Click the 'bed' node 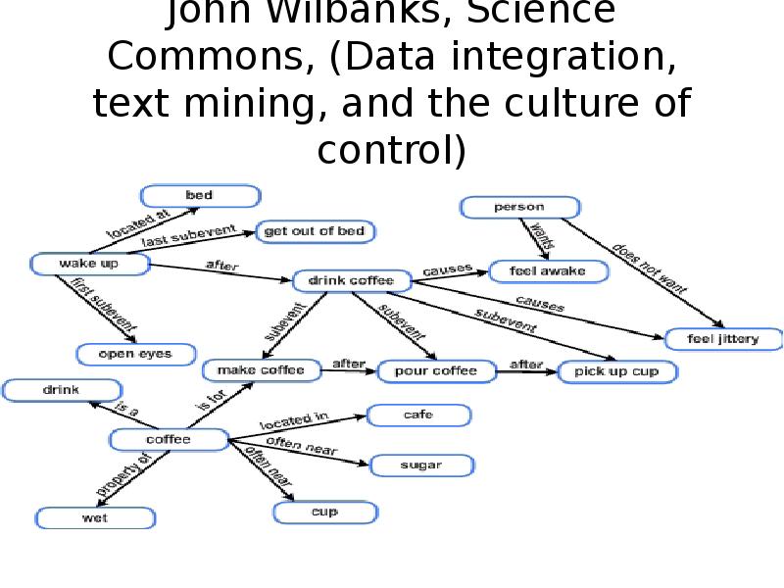click(x=200, y=196)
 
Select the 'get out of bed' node click(x=315, y=232)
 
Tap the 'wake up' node click(x=89, y=264)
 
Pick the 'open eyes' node click(x=136, y=354)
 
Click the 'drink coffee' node click(x=351, y=281)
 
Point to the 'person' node click(x=518, y=208)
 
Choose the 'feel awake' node click(x=550, y=271)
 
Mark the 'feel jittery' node click(x=724, y=339)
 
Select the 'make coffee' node click(x=262, y=370)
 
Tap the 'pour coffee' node click(x=435, y=371)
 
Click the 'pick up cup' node click(x=617, y=371)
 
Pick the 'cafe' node click(x=418, y=416)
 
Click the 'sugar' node click(x=421, y=465)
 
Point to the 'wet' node click(x=95, y=518)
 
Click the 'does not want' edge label click(x=650, y=268)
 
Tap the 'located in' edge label click(x=293, y=422)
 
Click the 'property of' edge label click(x=123, y=474)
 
